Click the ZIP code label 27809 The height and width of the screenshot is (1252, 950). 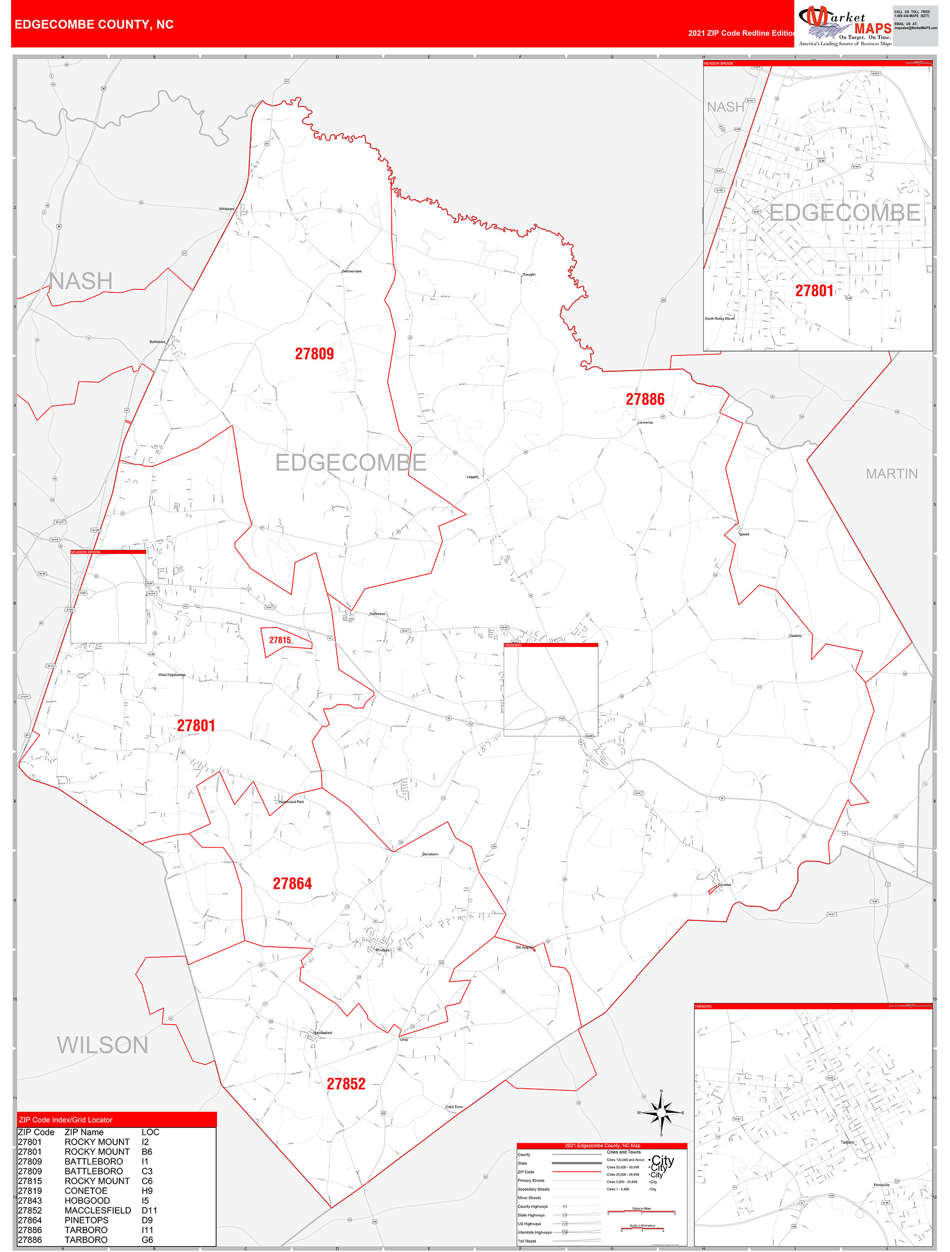tap(314, 354)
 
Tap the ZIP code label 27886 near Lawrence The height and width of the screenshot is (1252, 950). tap(644, 399)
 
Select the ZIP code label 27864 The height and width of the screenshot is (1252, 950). tap(292, 884)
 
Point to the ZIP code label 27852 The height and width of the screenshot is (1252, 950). tap(346, 1084)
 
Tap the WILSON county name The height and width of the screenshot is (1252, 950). tap(103, 1045)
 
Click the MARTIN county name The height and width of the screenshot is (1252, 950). tap(891, 474)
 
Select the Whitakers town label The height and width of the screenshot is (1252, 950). tap(226, 209)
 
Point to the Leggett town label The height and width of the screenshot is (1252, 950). tap(473, 477)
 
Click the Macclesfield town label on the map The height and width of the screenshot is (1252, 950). tap(322, 1032)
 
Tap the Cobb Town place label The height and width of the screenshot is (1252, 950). tap(454, 1107)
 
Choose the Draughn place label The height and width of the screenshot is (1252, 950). tap(528, 274)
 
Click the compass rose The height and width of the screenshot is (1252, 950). tap(660, 1112)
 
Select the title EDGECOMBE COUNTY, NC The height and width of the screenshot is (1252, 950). tap(94, 25)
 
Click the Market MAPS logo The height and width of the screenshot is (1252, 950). tap(844, 26)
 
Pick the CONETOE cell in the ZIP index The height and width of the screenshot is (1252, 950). tap(86, 1191)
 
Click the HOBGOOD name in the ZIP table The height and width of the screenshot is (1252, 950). tap(87, 1200)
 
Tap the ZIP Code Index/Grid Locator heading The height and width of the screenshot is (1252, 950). tap(65, 1120)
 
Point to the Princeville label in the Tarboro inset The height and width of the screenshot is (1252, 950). tap(881, 1185)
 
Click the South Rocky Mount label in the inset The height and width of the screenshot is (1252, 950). tap(719, 319)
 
